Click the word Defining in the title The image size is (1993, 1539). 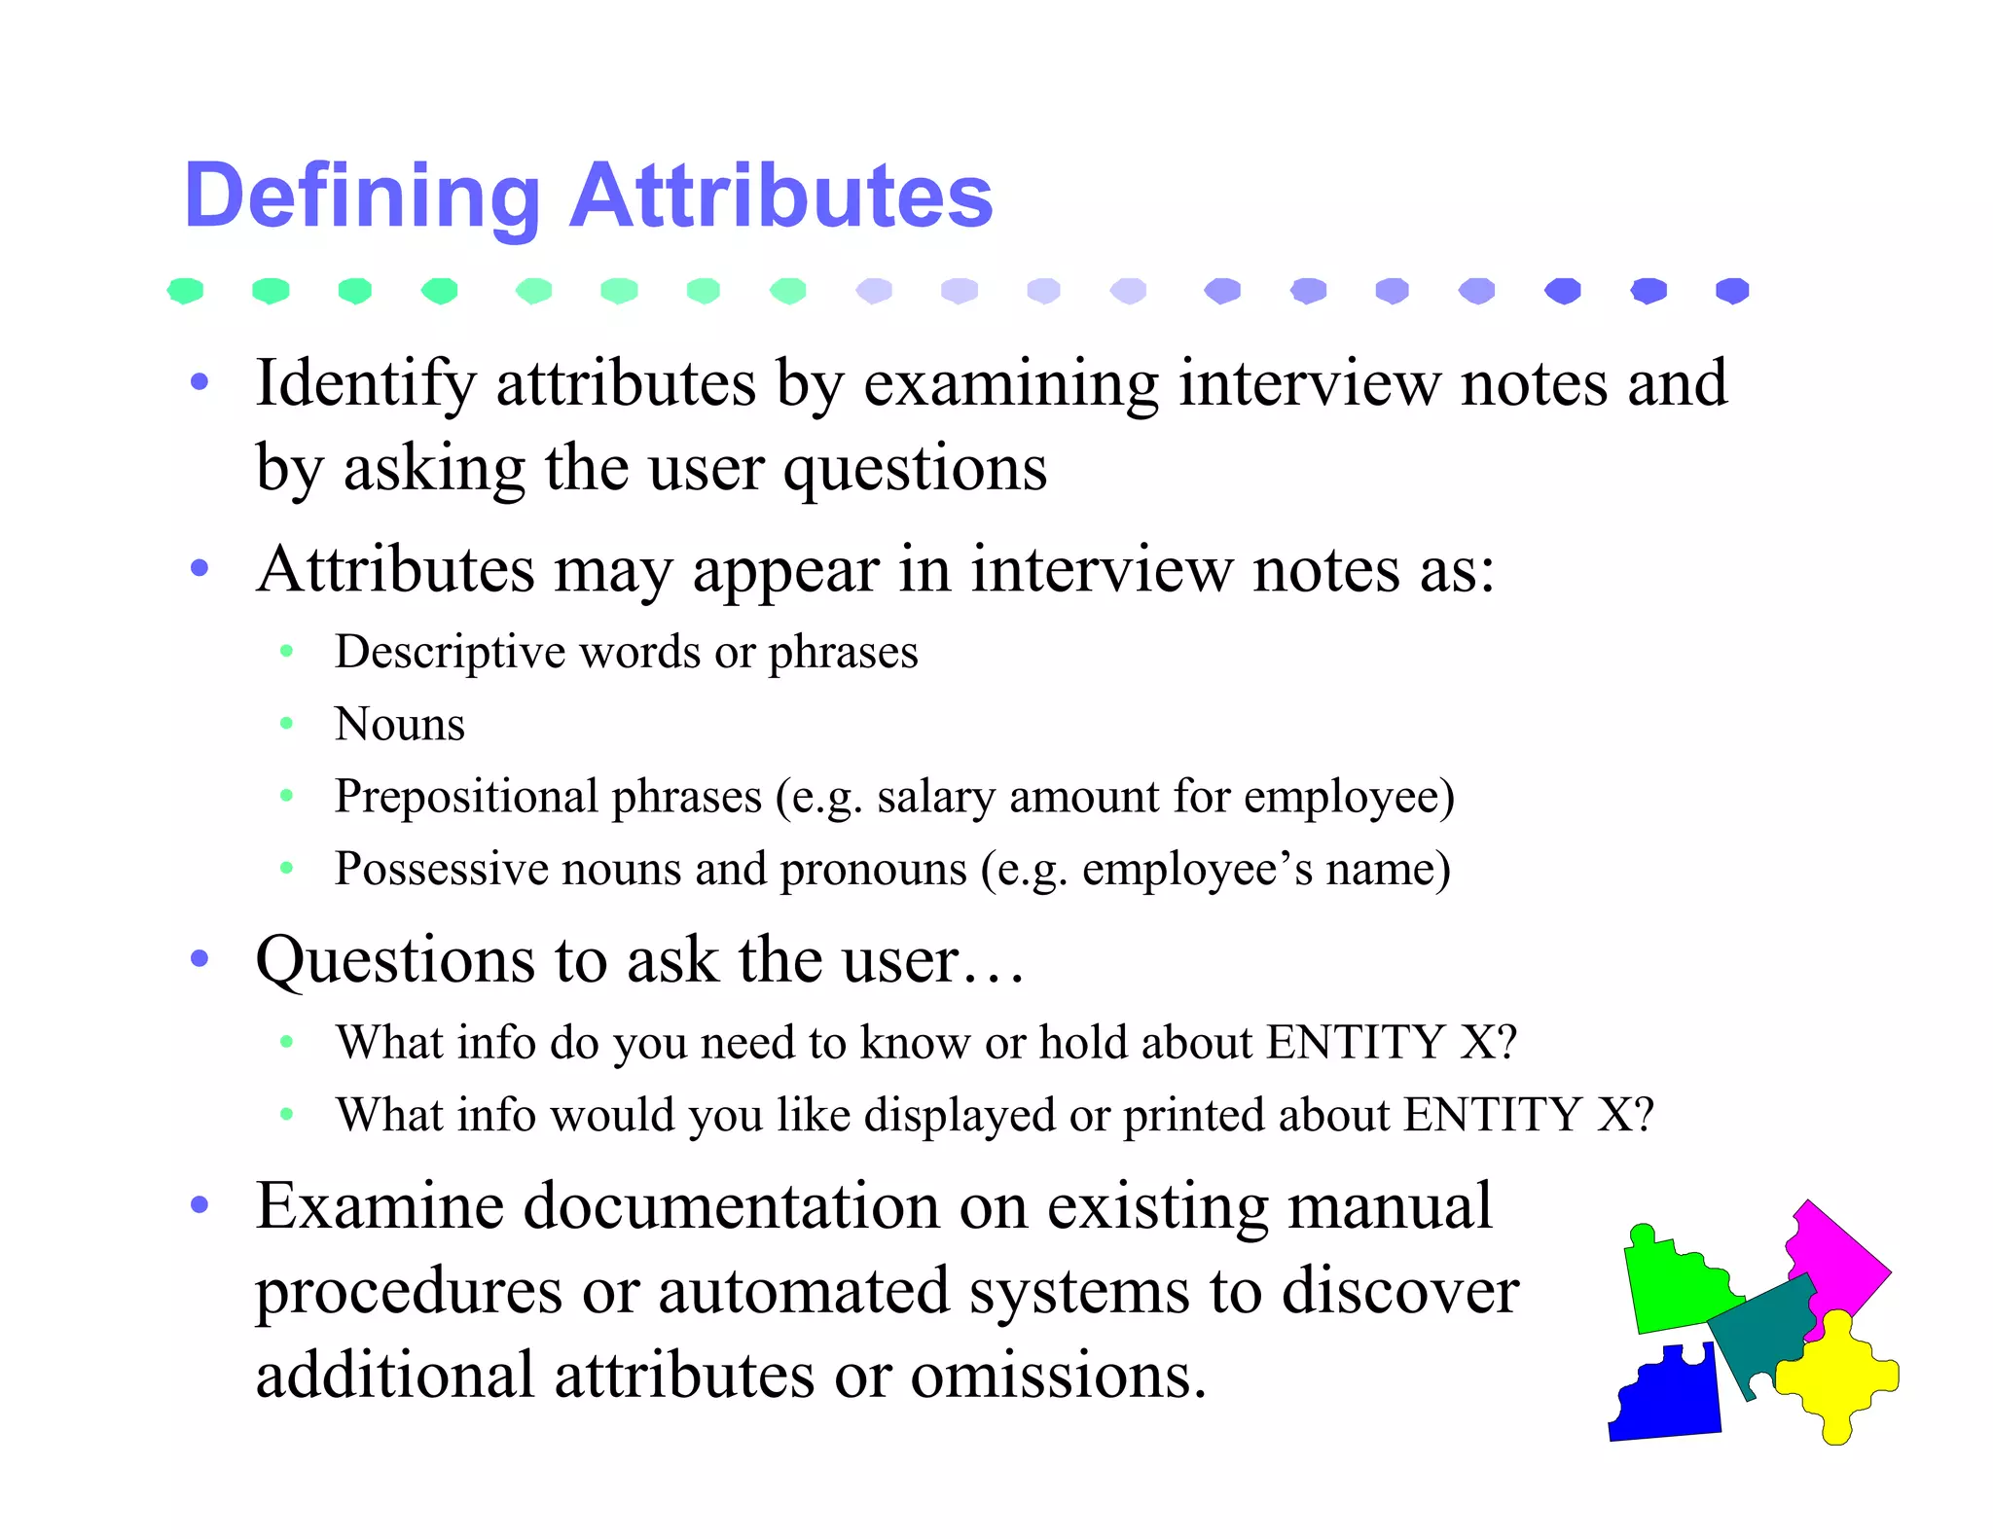(x=361, y=197)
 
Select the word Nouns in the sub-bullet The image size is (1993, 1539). (x=400, y=724)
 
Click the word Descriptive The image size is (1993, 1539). (x=450, y=652)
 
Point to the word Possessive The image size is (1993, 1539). (x=441, y=869)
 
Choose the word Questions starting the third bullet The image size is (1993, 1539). (x=395, y=961)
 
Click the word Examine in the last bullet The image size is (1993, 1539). (x=380, y=1206)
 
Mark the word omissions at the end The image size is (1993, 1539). (x=1058, y=1376)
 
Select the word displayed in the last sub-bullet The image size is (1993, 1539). (x=960, y=1115)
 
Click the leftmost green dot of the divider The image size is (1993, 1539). (x=185, y=290)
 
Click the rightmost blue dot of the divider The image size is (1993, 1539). (x=1732, y=290)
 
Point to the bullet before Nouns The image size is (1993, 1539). (x=286, y=723)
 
